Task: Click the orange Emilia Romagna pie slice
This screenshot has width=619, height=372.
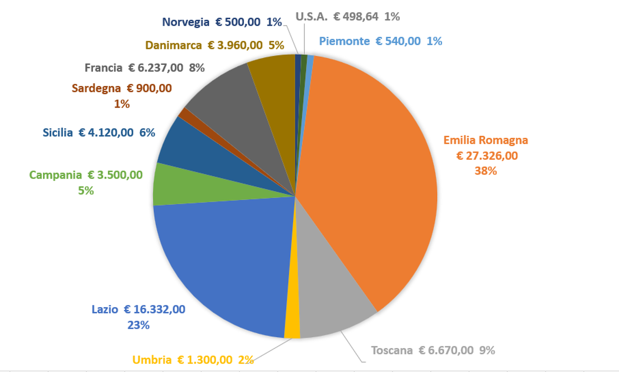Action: click(371, 174)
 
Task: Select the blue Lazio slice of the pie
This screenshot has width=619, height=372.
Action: click(224, 263)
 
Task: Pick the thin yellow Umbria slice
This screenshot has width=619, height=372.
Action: click(292, 317)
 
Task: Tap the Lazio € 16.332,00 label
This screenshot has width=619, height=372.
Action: click(139, 317)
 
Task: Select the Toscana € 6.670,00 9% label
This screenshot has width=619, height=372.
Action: click(433, 350)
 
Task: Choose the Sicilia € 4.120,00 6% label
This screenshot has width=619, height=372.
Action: click(99, 133)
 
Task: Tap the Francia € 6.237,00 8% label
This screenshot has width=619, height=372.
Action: click(144, 68)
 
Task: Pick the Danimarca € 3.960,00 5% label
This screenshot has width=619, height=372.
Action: click(215, 45)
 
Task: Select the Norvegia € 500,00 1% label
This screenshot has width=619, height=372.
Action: click(222, 22)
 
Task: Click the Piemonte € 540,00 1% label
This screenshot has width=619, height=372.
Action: click(380, 41)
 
